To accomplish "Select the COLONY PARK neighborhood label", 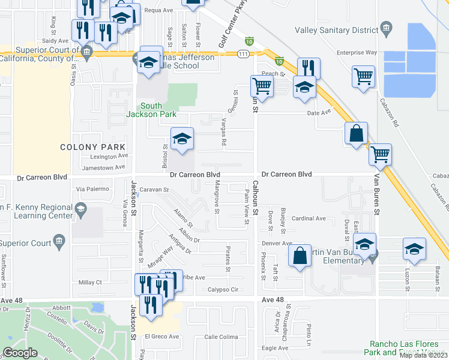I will [92, 147].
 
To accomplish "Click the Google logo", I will [20, 353].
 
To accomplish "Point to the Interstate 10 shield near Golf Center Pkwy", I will [249, 41].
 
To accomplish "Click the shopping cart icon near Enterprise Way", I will [363, 76].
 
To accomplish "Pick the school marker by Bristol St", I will [182, 139].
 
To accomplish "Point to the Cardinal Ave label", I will [309, 219].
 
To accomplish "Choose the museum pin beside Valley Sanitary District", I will [386, 28].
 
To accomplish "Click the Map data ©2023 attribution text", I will [423, 355].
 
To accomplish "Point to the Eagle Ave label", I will [275, 348].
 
